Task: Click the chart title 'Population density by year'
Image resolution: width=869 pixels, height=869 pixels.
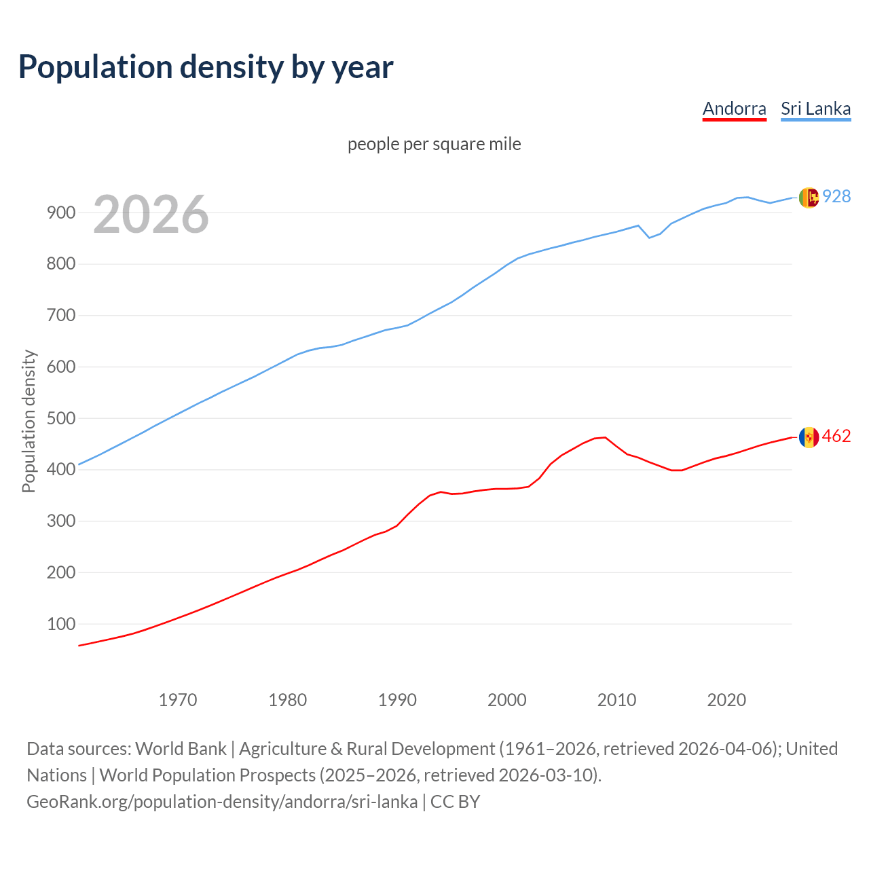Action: click(x=206, y=67)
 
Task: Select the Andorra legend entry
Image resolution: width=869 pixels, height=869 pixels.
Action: click(x=734, y=109)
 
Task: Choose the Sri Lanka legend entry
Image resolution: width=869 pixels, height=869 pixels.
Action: click(x=815, y=109)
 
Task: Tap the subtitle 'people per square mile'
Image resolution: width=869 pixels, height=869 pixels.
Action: click(x=434, y=144)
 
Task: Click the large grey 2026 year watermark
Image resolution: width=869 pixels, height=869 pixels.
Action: click(x=151, y=215)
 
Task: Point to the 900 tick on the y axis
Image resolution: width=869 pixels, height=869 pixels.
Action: click(x=60, y=212)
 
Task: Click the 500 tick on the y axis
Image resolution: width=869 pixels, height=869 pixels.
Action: click(x=60, y=418)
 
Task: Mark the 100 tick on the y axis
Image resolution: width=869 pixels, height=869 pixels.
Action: click(x=60, y=624)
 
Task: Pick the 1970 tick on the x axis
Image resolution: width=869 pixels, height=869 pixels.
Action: click(x=178, y=699)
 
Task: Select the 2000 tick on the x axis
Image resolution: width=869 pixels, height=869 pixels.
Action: click(x=507, y=699)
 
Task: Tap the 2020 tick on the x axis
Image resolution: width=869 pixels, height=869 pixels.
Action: click(x=726, y=699)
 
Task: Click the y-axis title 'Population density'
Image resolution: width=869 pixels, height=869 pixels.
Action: click(x=29, y=421)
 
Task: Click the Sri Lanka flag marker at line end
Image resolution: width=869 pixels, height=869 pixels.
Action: click(x=809, y=197)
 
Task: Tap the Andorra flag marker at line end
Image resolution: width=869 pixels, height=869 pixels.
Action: click(x=809, y=437)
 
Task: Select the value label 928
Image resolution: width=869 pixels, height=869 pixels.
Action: click(x=836, y=196)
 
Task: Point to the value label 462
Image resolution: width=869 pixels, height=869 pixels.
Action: click(x=836, y=436)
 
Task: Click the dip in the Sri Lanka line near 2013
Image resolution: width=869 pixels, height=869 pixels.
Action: click(x=649, y=238)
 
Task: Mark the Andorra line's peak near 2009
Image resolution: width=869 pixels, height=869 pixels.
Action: click(x=605, y=437)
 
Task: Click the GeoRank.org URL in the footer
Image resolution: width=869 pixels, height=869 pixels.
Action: click(x=222, y=802)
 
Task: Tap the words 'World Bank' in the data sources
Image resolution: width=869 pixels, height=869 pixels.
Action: click(x=181, y=749)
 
